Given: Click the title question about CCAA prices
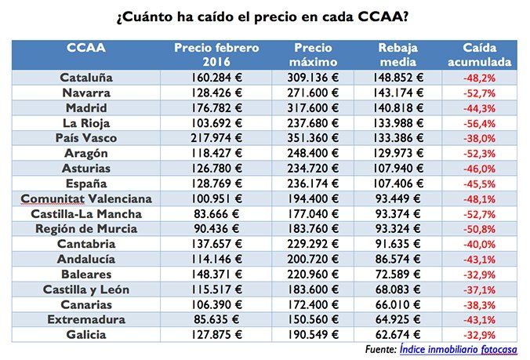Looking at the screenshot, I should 265,16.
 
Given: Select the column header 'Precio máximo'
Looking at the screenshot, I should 312,54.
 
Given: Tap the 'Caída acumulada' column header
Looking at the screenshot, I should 479,54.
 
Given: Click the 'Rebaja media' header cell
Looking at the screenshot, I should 396,54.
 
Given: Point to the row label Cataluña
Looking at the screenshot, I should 86,78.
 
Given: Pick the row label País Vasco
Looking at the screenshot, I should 86,138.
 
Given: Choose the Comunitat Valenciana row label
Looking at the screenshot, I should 86,198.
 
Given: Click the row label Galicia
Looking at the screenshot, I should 86,334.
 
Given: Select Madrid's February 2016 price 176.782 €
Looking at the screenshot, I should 216,107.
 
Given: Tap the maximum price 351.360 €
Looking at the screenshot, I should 312,138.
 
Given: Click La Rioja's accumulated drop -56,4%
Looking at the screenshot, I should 479,123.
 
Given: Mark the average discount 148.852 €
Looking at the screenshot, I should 396,78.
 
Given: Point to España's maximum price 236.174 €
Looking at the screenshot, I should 312,184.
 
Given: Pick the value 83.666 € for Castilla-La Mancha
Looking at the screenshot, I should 216,213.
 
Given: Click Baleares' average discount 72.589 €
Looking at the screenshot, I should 396,275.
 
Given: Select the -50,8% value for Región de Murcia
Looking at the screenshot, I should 479,229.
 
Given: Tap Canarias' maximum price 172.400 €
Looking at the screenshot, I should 312,304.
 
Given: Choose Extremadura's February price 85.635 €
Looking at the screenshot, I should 216,319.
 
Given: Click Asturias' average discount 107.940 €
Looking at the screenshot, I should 396,168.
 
